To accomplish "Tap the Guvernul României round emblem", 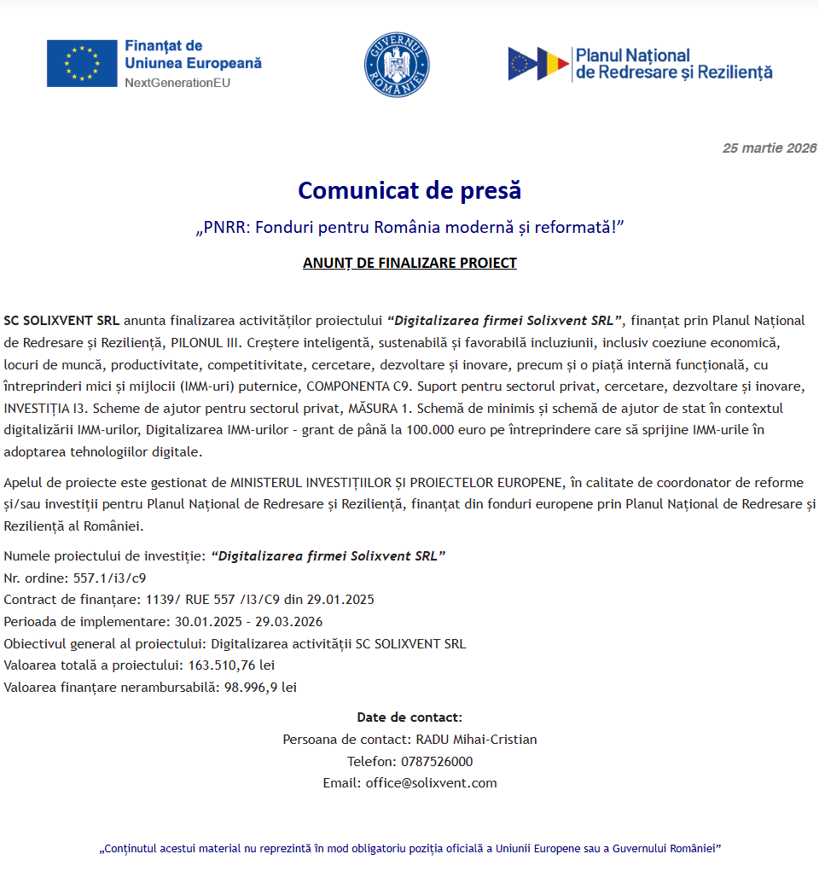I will [397, 65].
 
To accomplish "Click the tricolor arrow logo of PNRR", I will [538, 64].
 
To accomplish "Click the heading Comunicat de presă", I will [409, 190].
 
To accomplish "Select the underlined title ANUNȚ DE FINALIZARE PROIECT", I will [409, 263].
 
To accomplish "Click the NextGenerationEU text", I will [177, 83].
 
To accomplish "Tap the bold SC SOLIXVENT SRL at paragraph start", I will [61, 321].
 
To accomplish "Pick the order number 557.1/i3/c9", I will [109, 578].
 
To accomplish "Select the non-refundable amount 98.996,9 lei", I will [259, 687].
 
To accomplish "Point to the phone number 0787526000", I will [435, 761].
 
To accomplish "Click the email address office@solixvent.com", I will [431, 782].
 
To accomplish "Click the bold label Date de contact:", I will [409, 717].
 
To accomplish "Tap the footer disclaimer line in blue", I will [410, 849].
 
